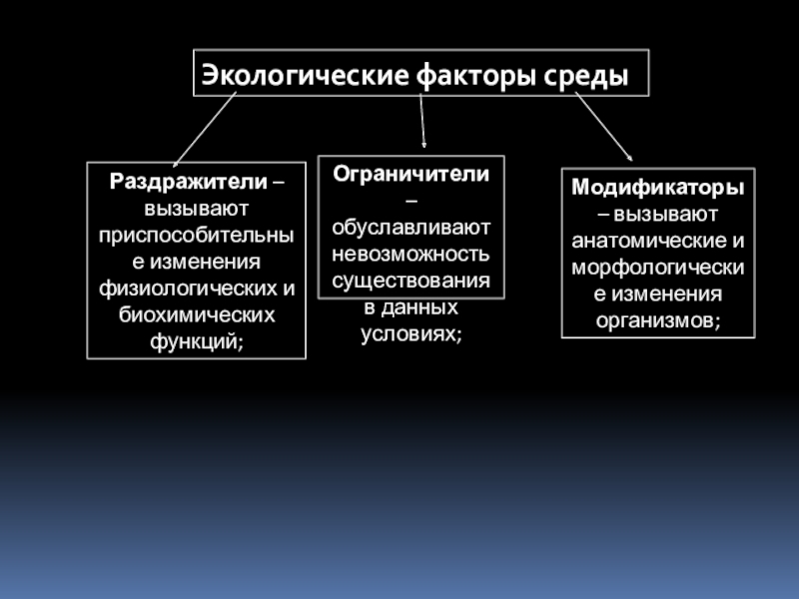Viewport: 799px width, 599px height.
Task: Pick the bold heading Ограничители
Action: pos(410,173)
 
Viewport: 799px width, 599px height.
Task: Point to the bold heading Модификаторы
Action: pos(657,188)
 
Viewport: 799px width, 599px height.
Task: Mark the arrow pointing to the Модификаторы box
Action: pos(603,126)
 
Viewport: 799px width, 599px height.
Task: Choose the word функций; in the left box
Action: pos(196,340)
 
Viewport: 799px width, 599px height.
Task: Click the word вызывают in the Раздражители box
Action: pos(196,210)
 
